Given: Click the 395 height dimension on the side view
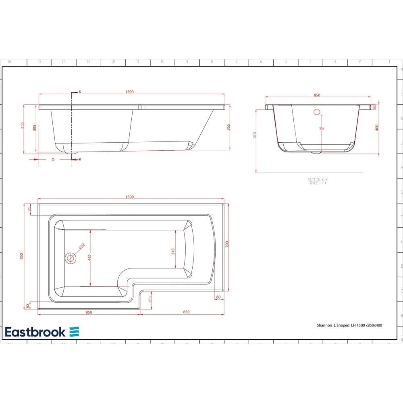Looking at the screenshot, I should click(35, 128).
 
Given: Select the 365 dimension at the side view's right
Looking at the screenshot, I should click(228, 127).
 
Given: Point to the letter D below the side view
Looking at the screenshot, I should click(53, 160).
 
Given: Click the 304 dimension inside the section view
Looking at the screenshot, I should click(321, 129).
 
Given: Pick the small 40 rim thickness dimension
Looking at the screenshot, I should click(374, 107).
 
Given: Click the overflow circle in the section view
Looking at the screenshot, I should click(316, 112).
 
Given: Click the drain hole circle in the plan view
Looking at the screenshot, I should click(71, 258).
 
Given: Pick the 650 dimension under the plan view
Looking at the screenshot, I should click(186, 312).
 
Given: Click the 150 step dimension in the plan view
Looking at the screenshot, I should click(149, 300).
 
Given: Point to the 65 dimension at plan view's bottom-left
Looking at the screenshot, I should click(27, 306).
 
